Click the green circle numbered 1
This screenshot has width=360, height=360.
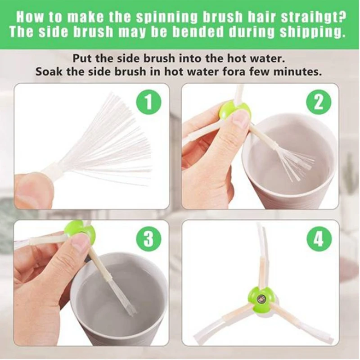coord(149,103)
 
